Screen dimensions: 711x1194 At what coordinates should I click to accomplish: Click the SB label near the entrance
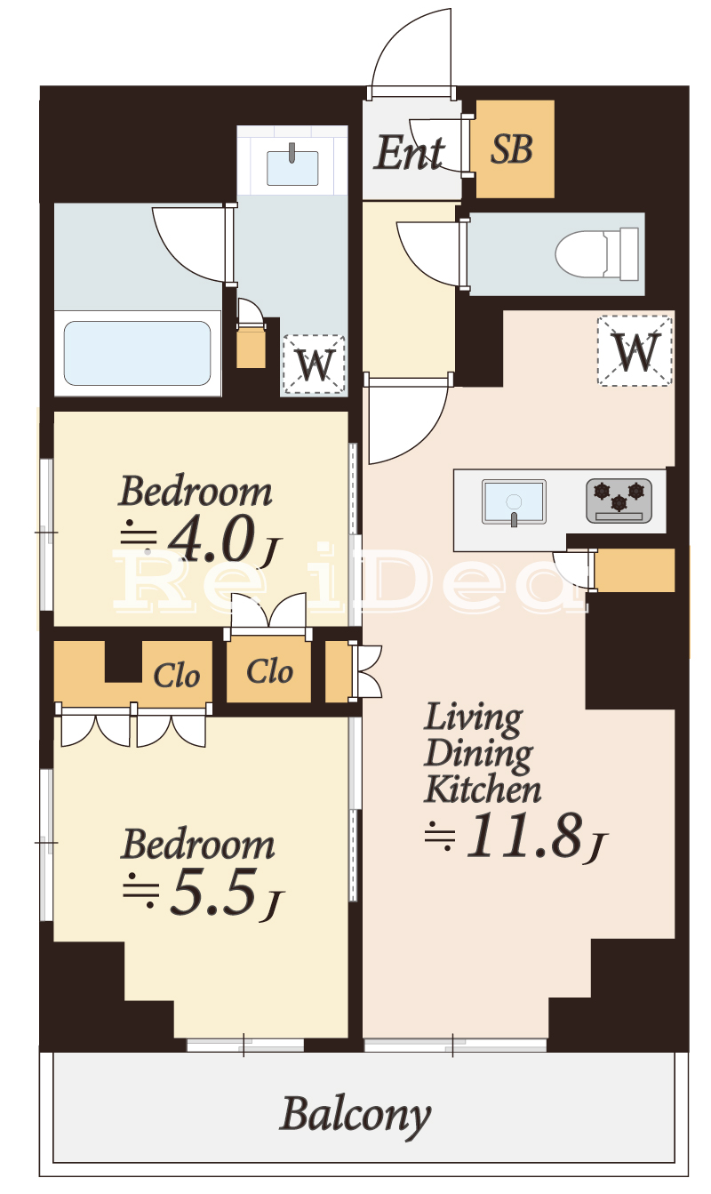(x=511, y=149)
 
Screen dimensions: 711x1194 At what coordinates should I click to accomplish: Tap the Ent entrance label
(x=409, y=153)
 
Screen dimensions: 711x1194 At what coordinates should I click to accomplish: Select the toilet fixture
(x=596, y=254)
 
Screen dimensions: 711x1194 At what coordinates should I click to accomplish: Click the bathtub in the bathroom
(x=138, y=353)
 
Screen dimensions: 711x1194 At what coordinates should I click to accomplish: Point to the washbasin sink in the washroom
(x=292, y=168)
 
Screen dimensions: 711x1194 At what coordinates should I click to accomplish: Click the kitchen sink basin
(x=514, y=502)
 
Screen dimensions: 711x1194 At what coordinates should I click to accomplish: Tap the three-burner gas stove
(x=619, y=501)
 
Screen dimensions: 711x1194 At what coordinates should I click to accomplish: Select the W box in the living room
(x=635, y=350)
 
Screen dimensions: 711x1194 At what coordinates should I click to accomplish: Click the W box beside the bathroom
(x=314, y=365)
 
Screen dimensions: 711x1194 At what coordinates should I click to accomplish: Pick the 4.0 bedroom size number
(x=210, y=539)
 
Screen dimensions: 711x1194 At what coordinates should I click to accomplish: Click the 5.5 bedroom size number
(x=212, y=892)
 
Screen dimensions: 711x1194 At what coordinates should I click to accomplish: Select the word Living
(x=474, y=719)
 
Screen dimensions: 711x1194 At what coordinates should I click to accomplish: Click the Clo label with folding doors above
(x=269, y=671)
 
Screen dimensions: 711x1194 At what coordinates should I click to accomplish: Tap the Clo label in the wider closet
(x=177, y=676)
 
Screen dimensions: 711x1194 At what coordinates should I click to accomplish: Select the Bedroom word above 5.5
(x=197, y=845)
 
